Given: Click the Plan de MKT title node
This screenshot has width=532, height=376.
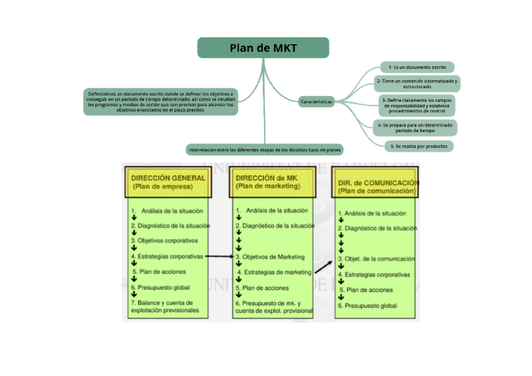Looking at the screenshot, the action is pos(263,48).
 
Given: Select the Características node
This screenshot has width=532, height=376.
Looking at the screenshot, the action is pos(317,101).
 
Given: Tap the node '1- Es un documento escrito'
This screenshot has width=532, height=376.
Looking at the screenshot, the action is pos(417,67).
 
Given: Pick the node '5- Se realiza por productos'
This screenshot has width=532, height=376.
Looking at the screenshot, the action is pos(418,146).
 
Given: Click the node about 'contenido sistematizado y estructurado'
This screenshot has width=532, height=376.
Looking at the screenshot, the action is pos(417,83).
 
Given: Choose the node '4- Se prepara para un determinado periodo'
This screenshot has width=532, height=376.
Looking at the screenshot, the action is pos(415,127).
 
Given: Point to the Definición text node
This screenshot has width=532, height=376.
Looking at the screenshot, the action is pos(161,101).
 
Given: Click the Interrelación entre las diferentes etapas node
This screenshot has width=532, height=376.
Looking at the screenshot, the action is pos(264,150).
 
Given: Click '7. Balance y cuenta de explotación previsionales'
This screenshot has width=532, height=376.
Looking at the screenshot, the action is pos(165,306).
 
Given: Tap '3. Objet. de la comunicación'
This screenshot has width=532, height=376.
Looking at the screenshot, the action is pos(376,259).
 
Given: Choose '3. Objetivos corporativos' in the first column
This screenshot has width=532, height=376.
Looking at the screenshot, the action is pos(164,240).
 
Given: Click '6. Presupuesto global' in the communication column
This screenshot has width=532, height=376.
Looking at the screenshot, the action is pos(368,306).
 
